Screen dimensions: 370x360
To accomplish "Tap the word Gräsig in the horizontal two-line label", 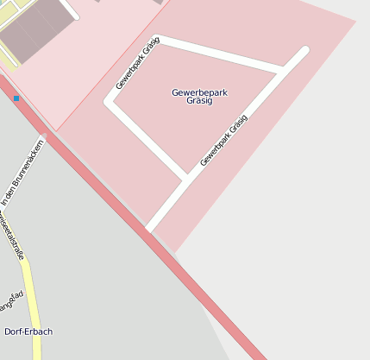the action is tap(198, 101).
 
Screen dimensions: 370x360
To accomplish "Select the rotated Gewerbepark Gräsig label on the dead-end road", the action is tap(223, 140).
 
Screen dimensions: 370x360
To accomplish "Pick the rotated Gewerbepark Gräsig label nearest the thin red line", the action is tap(138, 64).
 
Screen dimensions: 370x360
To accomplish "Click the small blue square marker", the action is tap(16, 99).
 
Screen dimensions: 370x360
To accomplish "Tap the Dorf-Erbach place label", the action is tap(28, 332).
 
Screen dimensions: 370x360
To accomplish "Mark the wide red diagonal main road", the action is tap(172, 259).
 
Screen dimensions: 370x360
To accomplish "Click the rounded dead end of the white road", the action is tap(303, 51).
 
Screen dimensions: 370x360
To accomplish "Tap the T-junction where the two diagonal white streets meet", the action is tap(186, 179).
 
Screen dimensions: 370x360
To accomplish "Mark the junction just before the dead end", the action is tap(281, 69).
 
